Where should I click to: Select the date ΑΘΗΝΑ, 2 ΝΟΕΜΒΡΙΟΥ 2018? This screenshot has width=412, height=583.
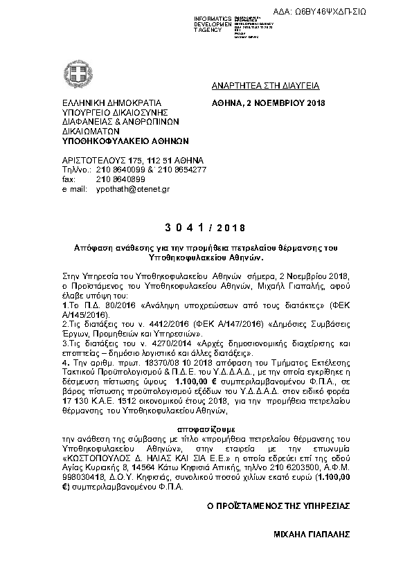click(x=268, y=104)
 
